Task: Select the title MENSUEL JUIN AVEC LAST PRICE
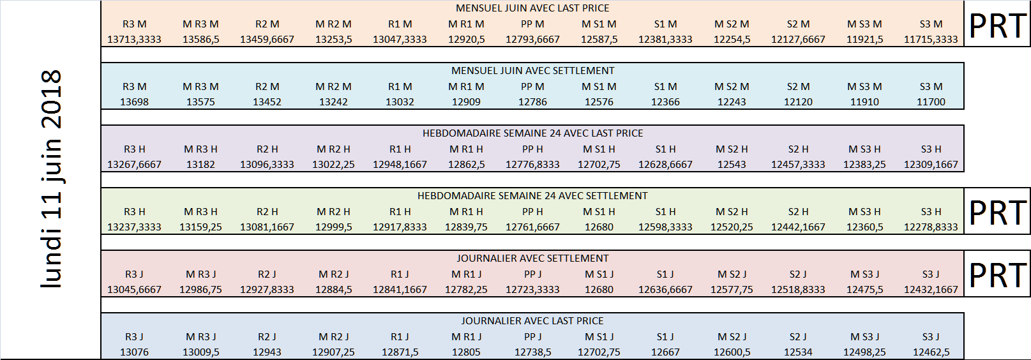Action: [532, 8]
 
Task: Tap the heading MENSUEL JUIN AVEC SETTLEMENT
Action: [532, 71]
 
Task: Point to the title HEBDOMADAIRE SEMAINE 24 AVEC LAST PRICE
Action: [532, 133]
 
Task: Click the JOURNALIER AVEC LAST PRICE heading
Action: [532, 321]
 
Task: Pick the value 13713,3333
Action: [135, 40]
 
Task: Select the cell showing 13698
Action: [135, 102]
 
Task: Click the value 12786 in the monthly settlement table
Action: [532, 102]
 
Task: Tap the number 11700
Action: [931, 102]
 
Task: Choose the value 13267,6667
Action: [135, 165]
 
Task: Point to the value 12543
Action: [732, 165]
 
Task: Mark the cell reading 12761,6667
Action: [532, 227]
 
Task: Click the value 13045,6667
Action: [135, 290]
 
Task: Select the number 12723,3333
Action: [532, 290]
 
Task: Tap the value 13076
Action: [135, 352]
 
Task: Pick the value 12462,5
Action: [931, 352]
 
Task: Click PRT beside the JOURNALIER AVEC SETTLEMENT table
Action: [997, 275]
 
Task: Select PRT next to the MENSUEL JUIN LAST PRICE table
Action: [997, 26]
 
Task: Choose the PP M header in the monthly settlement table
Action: [532, 87]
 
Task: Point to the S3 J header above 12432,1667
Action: [931, 274]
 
